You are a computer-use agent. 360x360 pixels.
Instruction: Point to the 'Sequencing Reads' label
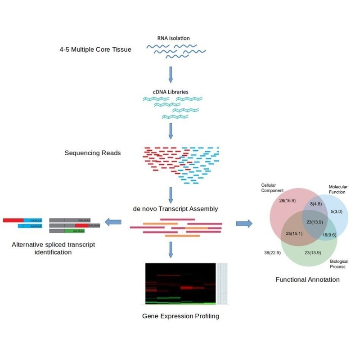93,153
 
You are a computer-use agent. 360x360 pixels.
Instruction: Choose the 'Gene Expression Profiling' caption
180,316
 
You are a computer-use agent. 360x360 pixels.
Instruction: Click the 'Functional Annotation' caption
307,279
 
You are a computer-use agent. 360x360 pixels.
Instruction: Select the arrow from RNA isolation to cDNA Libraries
171,74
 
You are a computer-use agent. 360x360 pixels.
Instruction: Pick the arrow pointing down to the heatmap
171,249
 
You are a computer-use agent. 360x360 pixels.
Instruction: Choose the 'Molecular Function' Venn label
337,189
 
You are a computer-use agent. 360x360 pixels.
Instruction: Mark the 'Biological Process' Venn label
337,264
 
